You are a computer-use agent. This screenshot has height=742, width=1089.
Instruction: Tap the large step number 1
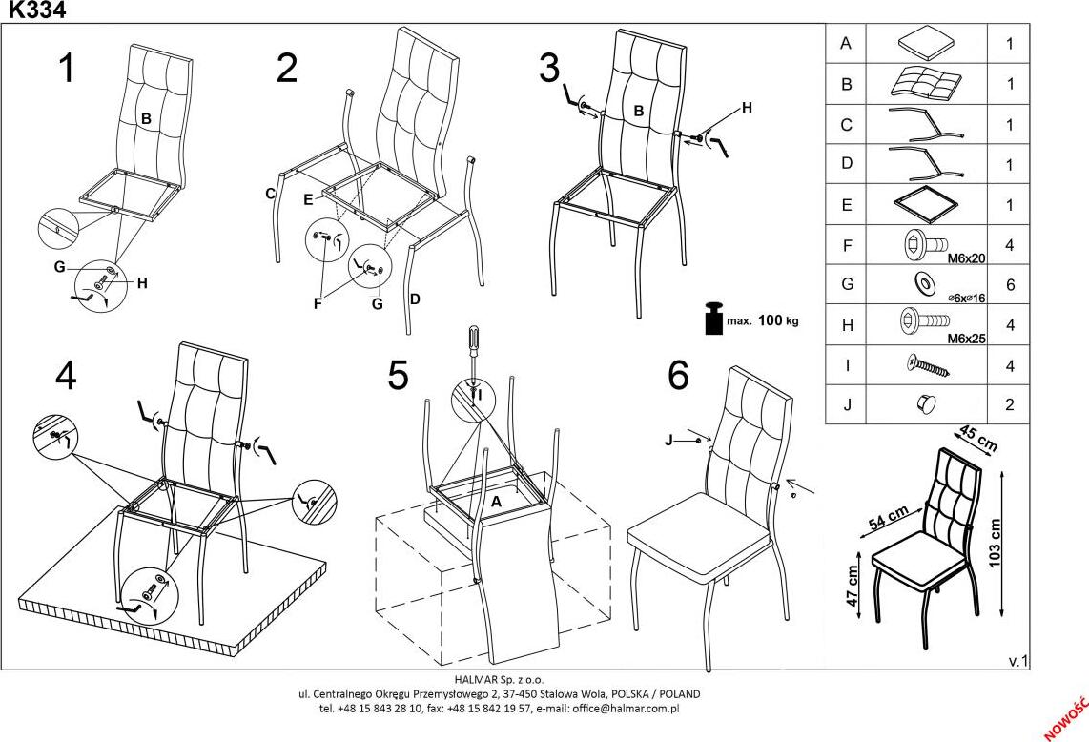66,69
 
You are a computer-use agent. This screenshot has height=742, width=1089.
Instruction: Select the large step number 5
398,376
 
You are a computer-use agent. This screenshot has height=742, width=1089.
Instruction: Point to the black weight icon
711,319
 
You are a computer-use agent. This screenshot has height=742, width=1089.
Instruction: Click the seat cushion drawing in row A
924,43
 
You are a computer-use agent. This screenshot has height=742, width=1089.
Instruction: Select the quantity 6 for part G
1009,285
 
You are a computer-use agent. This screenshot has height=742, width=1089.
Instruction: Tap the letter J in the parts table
846,404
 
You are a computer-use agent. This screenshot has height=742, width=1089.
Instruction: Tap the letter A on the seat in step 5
495,501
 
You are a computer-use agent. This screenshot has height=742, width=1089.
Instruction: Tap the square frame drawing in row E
924,204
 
